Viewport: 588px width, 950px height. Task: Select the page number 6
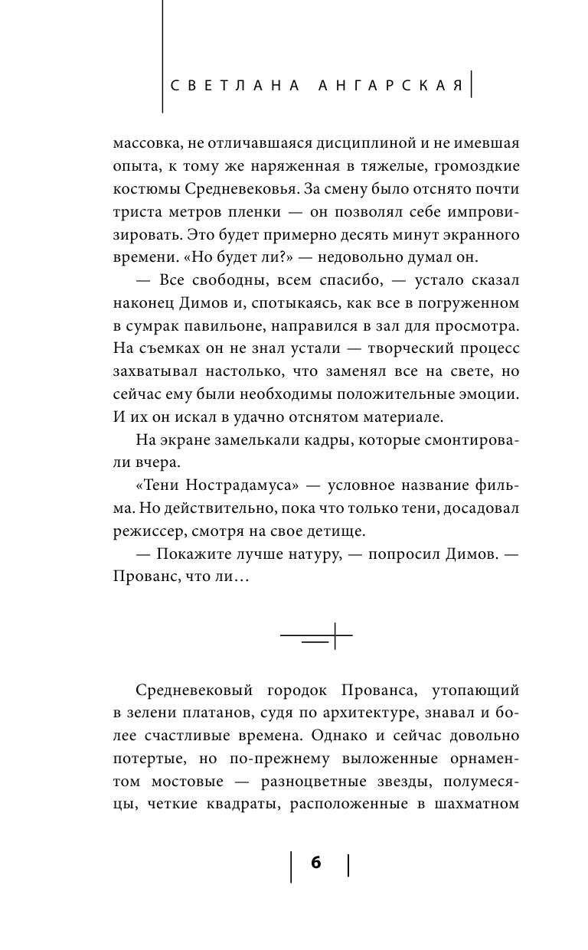316,862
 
